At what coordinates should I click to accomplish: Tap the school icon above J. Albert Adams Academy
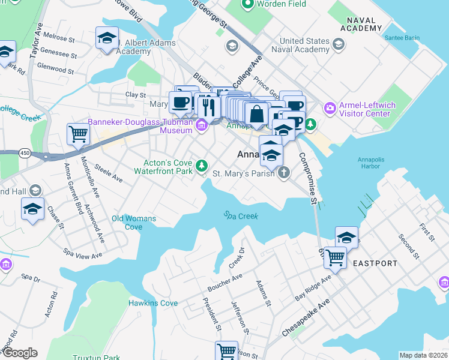(107, 38)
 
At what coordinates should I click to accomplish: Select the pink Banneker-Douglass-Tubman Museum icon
(202, 125)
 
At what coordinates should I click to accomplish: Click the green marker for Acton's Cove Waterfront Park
(202, 165)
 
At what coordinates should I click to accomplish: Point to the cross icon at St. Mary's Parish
(283, 173)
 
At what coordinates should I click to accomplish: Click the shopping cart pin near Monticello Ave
(78, 134)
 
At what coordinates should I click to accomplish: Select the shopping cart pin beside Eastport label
(335, 257)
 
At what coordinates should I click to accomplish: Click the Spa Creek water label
(241, 215)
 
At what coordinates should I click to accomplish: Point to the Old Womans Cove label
(134, 223)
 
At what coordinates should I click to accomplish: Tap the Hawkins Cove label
(153, 303)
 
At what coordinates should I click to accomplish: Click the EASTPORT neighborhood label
(375, 263)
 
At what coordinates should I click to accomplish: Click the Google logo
(19, 353)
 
